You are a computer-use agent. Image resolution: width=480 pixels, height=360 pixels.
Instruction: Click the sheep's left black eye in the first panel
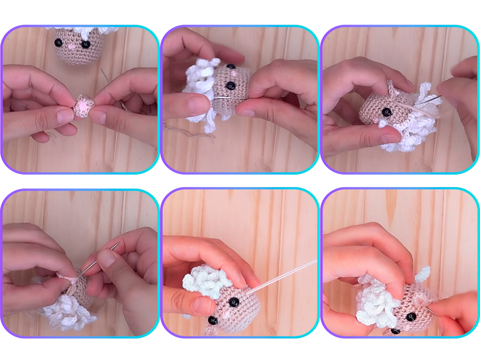[59, 43]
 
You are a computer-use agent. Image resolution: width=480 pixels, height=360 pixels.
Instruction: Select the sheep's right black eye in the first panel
[86, 44]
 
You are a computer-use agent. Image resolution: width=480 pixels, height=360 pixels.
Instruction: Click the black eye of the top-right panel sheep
[386, 112]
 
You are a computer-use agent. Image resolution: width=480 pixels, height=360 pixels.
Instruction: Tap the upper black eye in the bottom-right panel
[412, 316]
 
